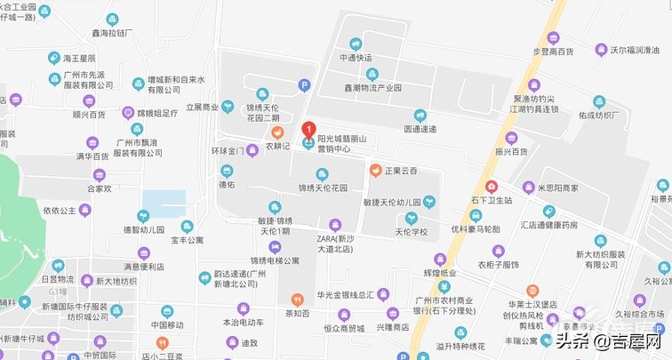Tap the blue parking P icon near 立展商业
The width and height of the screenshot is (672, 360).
pyautogui.click(x=304, y=85)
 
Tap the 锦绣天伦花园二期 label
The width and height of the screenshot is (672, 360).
pyautogui.click(x=263, y=112)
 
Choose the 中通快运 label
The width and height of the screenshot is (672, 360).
pyautogui.click(x=356, y=58)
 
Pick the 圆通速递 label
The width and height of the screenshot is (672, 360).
pyautogui.click(x=420, y=129)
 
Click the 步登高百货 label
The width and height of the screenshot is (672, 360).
pyautogui.click(x=553, y=51)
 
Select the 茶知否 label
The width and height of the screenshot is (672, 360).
pyautogui.click(x=296, y=312)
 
